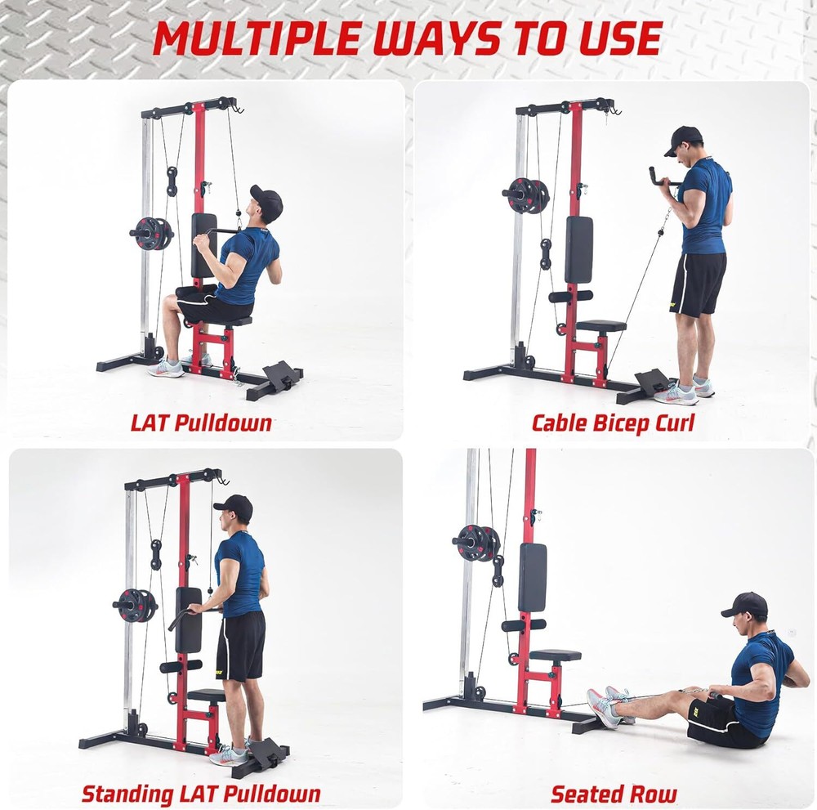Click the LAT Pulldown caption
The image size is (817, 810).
pyautogui.click(x=201, y=423)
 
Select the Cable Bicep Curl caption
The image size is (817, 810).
pyautogui.click(x=613, y=423)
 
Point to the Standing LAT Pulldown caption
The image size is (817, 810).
pyautogui.click(x=201, y=793)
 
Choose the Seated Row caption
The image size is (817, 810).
pyautogui.click(x=614, y=793)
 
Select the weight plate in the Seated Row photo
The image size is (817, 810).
pyautogui.click(x=478, y=542)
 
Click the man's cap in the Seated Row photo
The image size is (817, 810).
pyautogui.click(x=746, y=604)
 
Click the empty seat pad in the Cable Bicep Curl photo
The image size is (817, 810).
pyautogui.click(x=600, y=325)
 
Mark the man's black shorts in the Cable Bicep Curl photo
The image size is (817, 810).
pyautogui.click(x=697, y=283)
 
